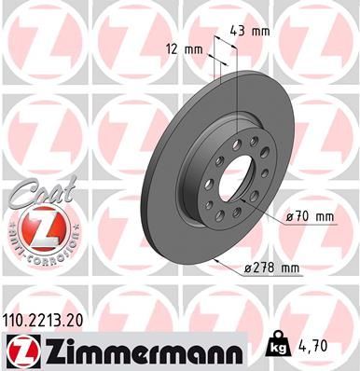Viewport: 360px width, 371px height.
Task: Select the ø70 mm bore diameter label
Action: (311, 216)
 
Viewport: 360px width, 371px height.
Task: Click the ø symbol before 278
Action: (243, 268)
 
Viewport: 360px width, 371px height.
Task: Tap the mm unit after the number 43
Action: (262, 31)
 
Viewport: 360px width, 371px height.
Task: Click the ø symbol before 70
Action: (291, 216)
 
